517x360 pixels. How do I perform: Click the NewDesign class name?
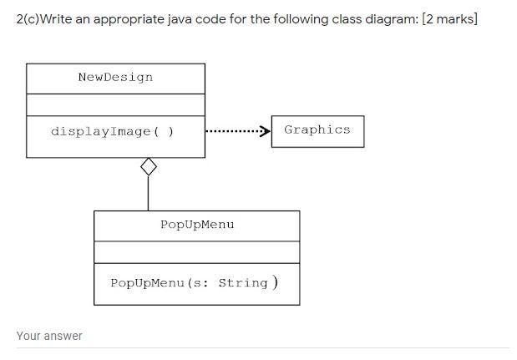115,78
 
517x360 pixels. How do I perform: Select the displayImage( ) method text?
112,131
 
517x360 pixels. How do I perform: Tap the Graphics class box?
317,130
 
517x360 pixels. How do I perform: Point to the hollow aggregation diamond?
148,167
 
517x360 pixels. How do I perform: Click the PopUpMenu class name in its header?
197,225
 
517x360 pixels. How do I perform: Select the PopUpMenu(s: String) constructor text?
194,282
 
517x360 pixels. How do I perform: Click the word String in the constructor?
243,282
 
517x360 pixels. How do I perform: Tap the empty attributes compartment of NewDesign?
115,104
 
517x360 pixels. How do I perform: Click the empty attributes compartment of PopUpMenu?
196,251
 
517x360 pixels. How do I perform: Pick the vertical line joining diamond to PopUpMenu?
148,193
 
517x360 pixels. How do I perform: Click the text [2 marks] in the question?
450,18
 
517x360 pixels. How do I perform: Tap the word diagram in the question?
389,18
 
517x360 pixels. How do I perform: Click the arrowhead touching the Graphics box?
266,131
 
